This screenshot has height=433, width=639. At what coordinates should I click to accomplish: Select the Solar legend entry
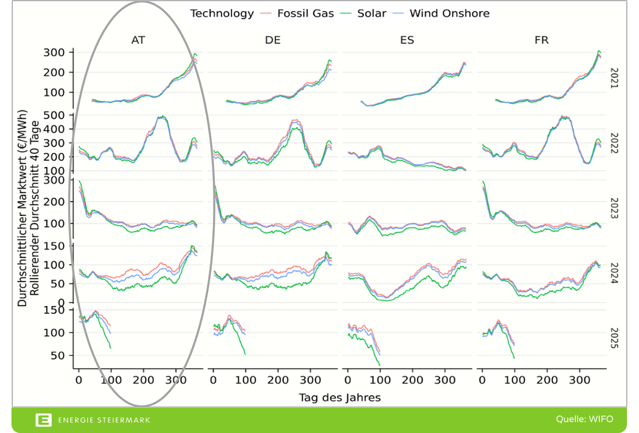pos(371,13)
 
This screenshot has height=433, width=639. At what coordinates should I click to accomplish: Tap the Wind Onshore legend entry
pos(450,13)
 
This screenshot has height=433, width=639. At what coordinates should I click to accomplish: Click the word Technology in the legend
pos(222,13)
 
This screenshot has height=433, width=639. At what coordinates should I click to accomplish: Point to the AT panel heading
pos(138,40)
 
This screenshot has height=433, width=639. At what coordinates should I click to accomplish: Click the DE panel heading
pos(273,40)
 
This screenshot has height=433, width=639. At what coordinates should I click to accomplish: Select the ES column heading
pos(407,40)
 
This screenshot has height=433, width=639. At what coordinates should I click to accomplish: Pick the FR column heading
pos(541,40)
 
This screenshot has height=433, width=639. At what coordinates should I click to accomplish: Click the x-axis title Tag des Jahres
pos(339,397)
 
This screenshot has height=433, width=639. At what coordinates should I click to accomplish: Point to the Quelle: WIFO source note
pos(584,419)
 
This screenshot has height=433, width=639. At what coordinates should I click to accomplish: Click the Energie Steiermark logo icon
pos(43,420)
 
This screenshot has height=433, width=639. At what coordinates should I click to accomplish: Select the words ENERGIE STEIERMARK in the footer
pos(104,420)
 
